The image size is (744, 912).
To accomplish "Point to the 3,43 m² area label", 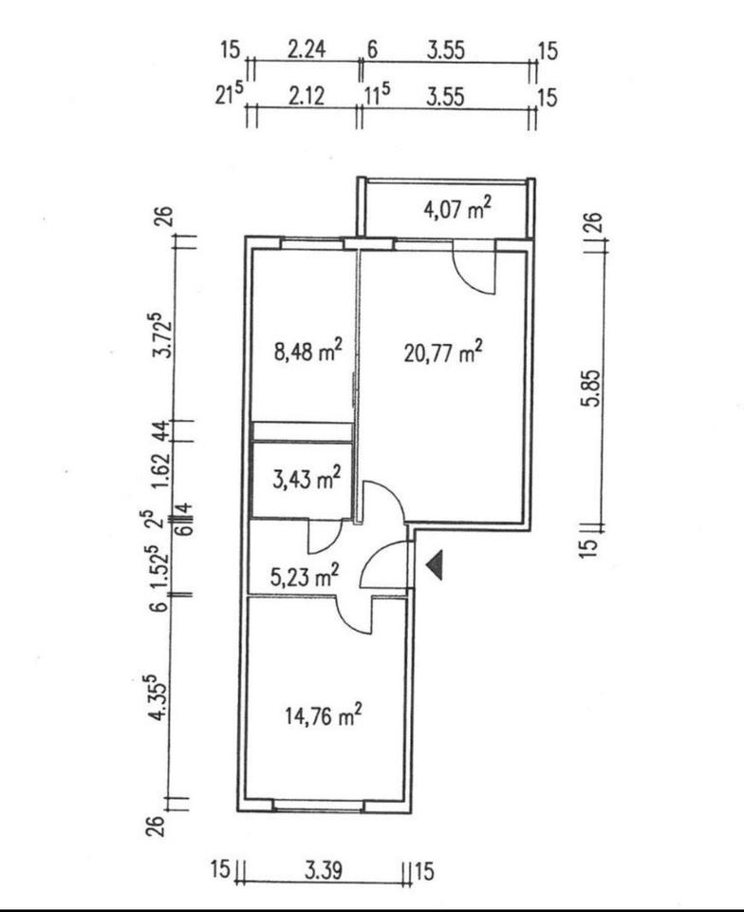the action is click(305, 480).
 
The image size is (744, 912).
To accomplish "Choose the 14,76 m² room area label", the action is click(325, 716).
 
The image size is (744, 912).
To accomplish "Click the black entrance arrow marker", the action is click(435, 565).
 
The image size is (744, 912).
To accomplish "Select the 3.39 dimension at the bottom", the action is click(324, 870).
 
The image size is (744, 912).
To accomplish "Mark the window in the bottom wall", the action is click(318, 807).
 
